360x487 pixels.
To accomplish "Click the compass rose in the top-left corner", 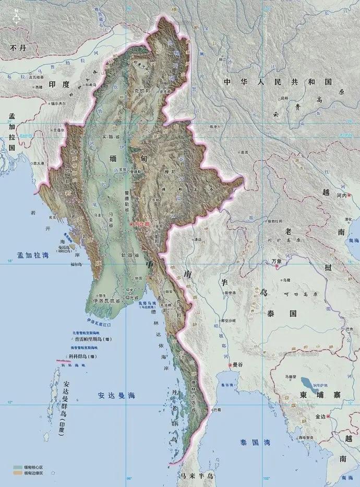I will (x=16, y=17).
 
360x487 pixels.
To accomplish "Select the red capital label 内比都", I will (x=142, y=223).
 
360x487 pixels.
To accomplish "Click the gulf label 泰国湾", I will (x=251, y=442).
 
